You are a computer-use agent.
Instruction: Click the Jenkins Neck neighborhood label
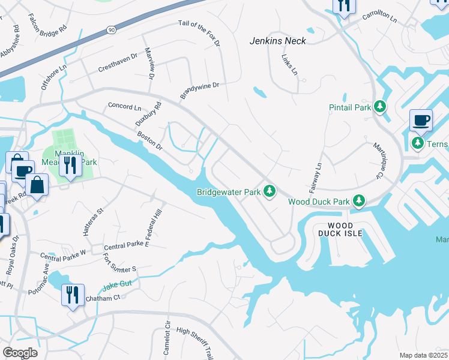[x=278, y=41]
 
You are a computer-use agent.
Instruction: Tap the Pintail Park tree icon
[x=379, y=107]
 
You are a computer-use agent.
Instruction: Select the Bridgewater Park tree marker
[x=270, y=191]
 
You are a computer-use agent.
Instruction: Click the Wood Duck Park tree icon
[x=359, y=200]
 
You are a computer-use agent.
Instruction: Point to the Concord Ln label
[x=124, y=106]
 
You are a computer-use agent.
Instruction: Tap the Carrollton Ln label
[x=379, y=19]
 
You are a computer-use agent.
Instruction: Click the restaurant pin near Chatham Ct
[x=73, y=295]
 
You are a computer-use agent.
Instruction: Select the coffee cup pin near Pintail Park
[x=421, y=120]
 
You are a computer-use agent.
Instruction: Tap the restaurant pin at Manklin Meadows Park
[x=70, y=165]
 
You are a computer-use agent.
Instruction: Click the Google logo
[x=20, y=352]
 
